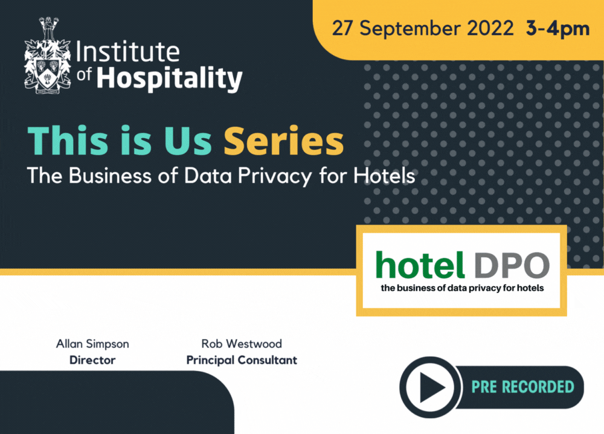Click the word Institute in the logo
128,51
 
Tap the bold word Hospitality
170,79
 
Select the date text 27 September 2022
423,28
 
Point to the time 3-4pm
557,29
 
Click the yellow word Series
283,141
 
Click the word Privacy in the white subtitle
275,176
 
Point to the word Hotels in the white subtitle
384,176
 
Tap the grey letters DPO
512,266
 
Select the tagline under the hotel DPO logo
462,288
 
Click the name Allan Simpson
92,344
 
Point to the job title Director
92,360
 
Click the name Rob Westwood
242,343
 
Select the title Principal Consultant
242,360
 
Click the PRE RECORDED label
522,387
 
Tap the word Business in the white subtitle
110,176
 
